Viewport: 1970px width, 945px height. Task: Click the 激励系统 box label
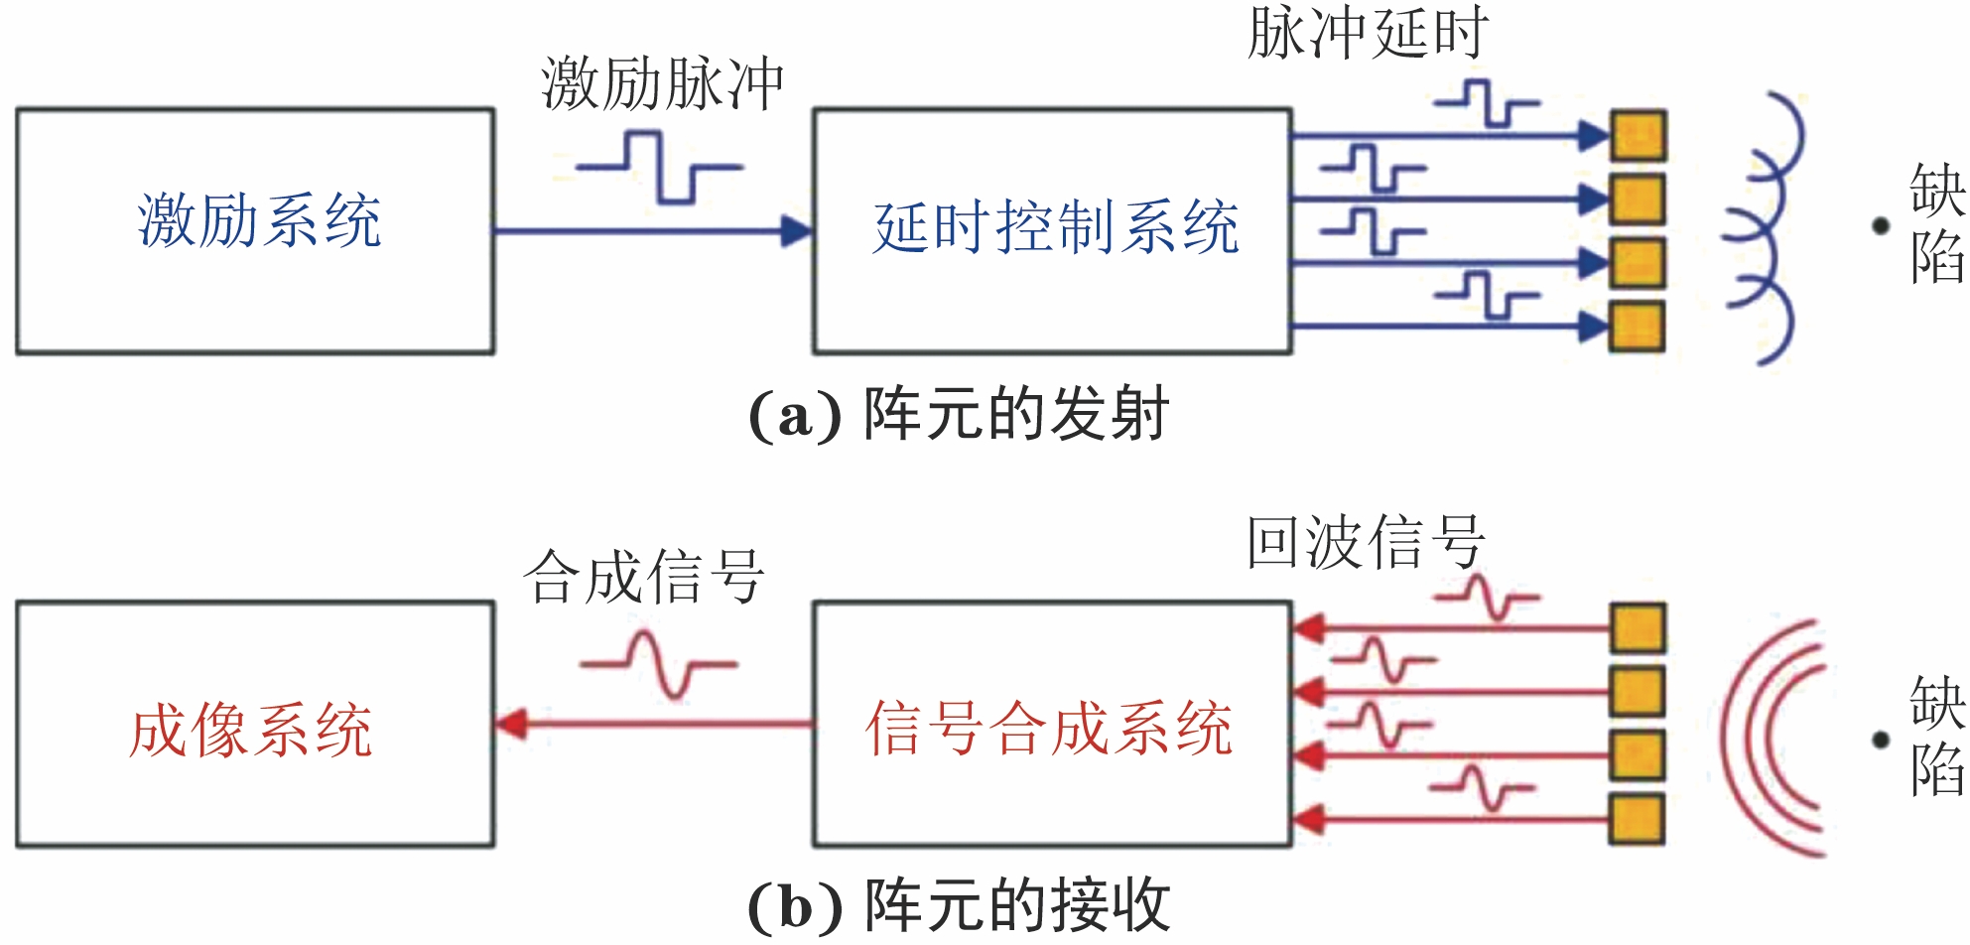(x=259, y=220)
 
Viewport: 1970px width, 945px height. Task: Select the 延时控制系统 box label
(x=1055, y=227)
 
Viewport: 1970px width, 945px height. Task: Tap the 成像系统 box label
(x=250, y=731)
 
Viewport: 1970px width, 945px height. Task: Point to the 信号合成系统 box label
(x=1049, y=728)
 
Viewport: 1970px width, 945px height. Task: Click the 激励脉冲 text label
(x=662, y=83)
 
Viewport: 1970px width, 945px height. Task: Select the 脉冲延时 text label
(x=1368, y=33)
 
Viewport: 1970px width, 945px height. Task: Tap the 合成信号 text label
(x=643, y=577)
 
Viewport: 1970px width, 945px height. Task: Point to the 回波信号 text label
(x=1366, y=542)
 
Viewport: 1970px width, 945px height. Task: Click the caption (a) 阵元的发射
(x=959, y=414)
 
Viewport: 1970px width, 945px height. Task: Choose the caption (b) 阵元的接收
(x=959, y=904)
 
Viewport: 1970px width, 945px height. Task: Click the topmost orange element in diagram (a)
(x=1638, y=135)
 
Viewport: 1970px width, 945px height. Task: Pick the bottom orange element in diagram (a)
(x=1638, y=326)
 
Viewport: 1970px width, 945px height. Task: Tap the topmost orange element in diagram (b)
(x=1638, y=628)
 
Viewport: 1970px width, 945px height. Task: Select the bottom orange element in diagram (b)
(x=1638, y=820)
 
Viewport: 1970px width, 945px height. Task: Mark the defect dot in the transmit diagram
(x=1880, y=226)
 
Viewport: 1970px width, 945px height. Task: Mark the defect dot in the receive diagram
(x=1880, y=740)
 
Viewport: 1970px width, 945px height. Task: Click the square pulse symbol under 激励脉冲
(x=660, y=169)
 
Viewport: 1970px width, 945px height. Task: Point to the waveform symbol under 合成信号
(x=659, y=664)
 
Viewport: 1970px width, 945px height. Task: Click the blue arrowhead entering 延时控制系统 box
(x=798, y=231)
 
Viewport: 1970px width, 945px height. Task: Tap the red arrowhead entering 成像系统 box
(x=511, y=724)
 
